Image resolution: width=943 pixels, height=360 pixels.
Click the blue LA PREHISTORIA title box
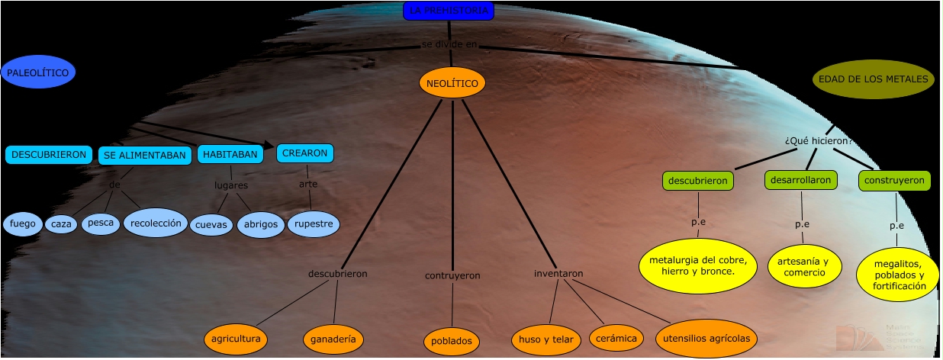[x=449, y=11]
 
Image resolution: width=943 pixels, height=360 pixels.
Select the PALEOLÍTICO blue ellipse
[x=38, y=73]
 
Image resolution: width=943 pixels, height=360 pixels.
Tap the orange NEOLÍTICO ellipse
[x=452, y=82]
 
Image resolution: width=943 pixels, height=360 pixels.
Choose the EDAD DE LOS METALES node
[x=873, y=79]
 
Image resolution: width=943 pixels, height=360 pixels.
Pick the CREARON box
[x=304, y=153]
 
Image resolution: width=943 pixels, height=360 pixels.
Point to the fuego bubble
[x=22, y=224]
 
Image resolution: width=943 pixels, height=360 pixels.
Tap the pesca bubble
[x=101, y=223]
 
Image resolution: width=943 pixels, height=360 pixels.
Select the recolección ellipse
[x=156, y=223]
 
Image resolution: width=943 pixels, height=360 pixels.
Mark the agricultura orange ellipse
[x=237, y=339]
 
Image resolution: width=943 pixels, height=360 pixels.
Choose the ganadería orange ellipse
[x=333, y=339]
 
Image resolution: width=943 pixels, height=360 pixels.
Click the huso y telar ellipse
[x=545, y=339]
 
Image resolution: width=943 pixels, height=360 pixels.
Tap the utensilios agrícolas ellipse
[x=706, y=339]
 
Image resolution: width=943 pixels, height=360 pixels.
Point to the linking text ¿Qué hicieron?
[x=818, y=141]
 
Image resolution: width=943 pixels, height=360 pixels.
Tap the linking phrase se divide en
[x=449, y=44]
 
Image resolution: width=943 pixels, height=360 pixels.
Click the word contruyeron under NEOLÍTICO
[x=452, y=275]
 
